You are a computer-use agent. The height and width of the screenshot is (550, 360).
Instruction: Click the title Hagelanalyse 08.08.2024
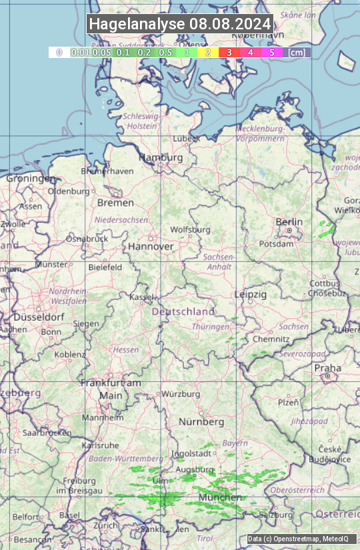pyautogui.click(x=180, y=24)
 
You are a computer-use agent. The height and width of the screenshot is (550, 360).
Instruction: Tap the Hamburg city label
pyautogui.click(x=161, y=158)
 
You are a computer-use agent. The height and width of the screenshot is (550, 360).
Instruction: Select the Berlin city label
pyautogui.click(x=289, y=222)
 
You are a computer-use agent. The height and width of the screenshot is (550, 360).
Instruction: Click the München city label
pyautogui.click(x=220, y=497)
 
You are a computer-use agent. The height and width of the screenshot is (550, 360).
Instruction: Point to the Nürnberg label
pyautogui.click(x=201, y=422)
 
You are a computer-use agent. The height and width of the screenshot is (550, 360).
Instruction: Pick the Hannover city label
pyautogui.click(x=151, y=247)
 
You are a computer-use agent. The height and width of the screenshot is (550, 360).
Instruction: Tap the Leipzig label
pyautogui.click(x=251, y=294)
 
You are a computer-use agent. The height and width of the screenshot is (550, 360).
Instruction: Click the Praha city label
pyautogui.click(x=327, y=368)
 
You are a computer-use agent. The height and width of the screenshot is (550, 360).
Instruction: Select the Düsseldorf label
pyautogui.click(x=39, y=317)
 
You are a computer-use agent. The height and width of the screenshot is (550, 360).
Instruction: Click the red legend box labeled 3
pyautogui.click(x=229, y=52)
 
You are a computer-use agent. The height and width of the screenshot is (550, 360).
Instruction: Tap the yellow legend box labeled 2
pyautogui.click(x=207, y=52)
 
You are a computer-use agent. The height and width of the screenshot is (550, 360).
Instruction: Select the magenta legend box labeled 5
pyautogui.click(x=271, y=52)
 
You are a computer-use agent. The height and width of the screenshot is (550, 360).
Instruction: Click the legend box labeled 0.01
pyautogui.click(x=80, y=52)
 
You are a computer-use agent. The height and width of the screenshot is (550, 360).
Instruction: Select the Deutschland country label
pyautogui.click(x=183, y=311)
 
